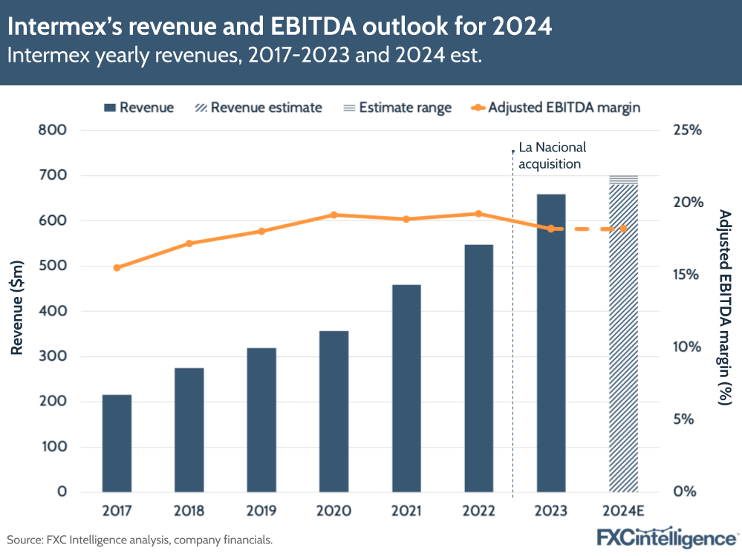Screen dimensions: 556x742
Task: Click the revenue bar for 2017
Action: tap(117, 443)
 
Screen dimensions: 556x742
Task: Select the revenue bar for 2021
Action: tap(406, 388)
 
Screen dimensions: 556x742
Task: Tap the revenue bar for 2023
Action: tap(551, 343)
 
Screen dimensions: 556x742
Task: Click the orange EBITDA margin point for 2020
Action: tap(333, 215)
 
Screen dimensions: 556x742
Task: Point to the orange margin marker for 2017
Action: tap(117, 267)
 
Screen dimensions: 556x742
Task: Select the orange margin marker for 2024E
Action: tap(623, 229)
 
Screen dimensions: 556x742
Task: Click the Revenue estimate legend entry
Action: tap(257, 108)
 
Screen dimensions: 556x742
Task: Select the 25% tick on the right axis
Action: tap(686, 131)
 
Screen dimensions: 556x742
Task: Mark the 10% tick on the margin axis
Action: tap(686, 347)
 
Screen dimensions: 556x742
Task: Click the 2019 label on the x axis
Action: tap(261, 511)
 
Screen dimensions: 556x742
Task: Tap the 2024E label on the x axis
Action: tap(623, 511)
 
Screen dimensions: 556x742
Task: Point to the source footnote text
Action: tap(140, 540)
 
